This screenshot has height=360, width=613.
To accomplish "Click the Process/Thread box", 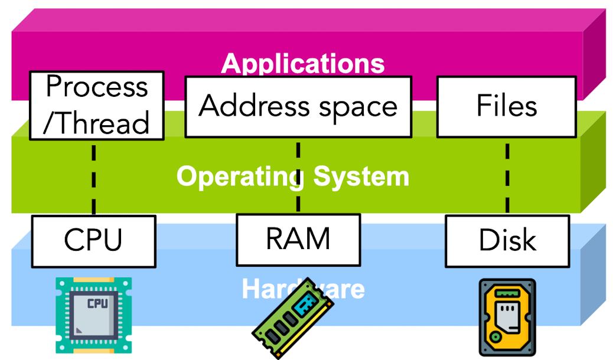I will tap(96, 106).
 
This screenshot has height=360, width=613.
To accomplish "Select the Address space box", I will tap(298, 107).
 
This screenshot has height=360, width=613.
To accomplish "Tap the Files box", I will tap(507, 107).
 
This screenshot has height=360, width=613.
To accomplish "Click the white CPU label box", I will tap(93, 241).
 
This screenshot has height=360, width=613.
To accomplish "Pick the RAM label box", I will tap(298, 239).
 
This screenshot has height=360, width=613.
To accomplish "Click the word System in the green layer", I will tap(361, 176).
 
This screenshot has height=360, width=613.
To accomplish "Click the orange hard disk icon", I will tap(507, 317).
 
